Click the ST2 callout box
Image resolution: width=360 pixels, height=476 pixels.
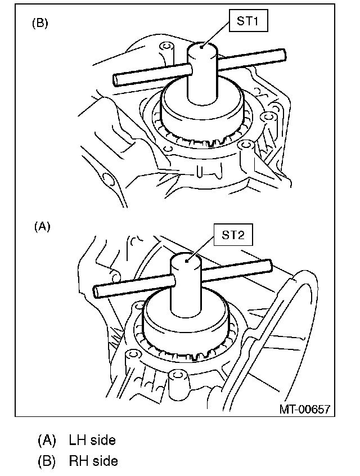[x=233, y=235]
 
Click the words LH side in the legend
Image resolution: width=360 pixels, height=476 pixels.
[x=92, y=439]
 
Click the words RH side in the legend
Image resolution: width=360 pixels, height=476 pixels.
[x=93, y=461]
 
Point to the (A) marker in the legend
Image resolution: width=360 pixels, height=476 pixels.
[x=47, y=439]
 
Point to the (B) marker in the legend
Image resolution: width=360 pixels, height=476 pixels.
[x=47, y=461]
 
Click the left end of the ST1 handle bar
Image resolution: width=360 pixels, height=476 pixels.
[x=116, y=80]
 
